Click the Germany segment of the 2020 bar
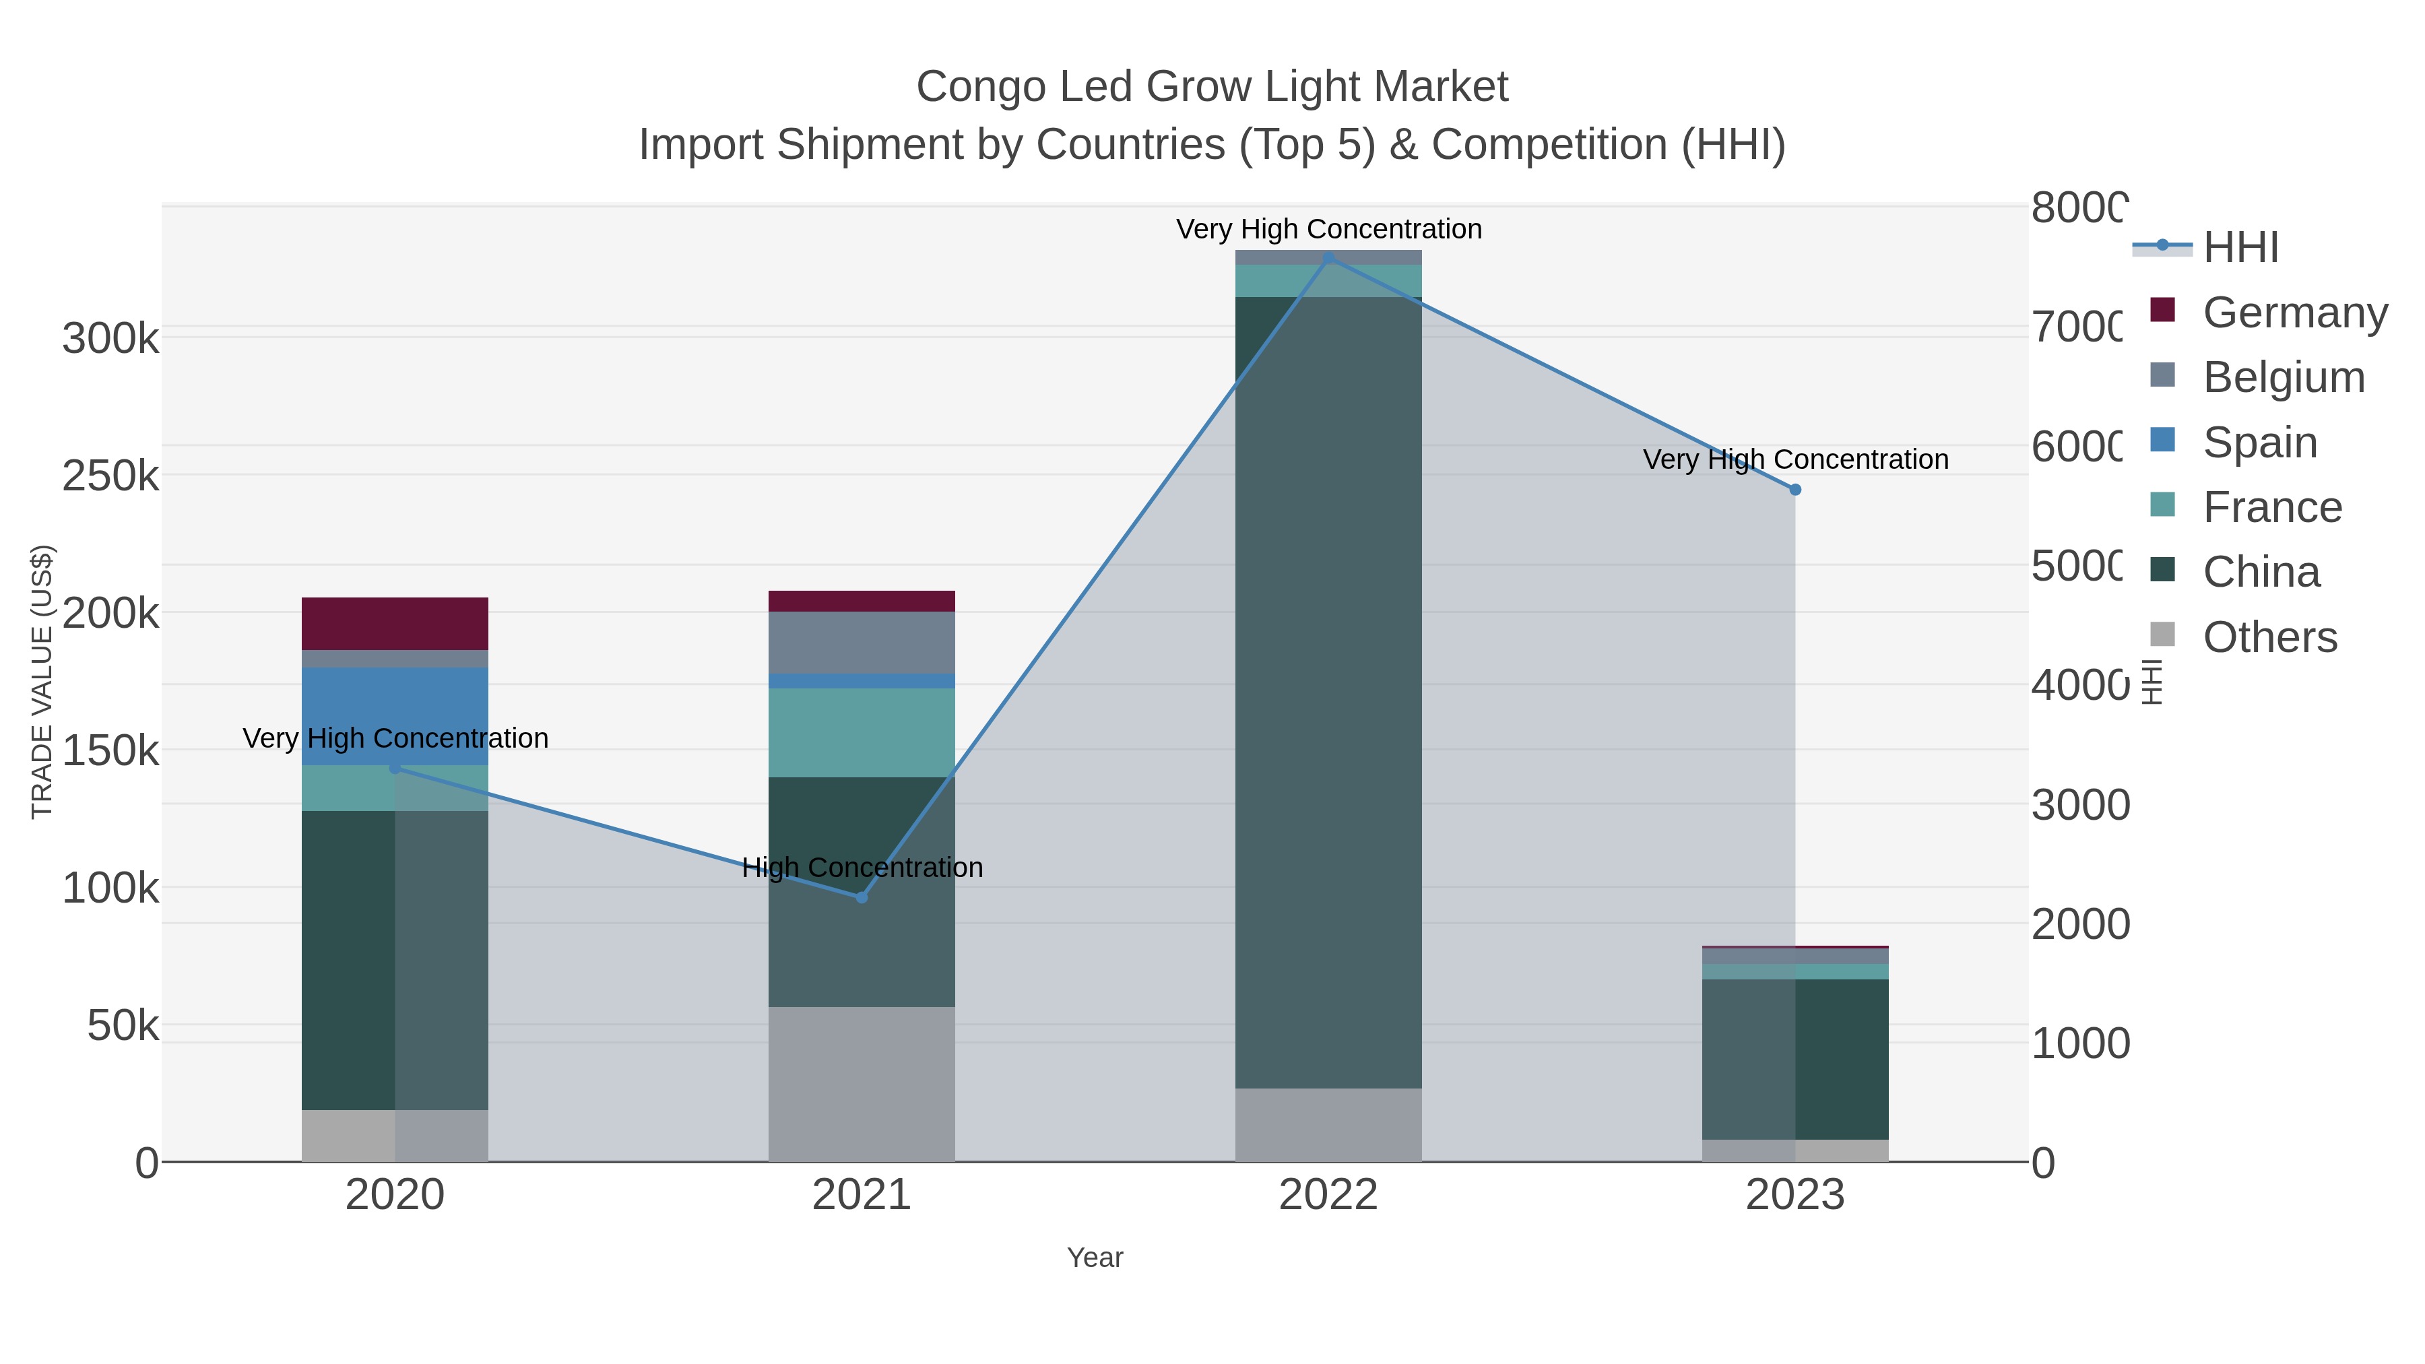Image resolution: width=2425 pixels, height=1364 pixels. (x=395, y=623)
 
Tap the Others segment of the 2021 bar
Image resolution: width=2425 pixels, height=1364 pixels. (x=862, y=1084)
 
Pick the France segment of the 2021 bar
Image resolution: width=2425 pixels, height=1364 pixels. (x=862, y=732)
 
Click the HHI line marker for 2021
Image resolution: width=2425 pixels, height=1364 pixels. (x=862, y=897)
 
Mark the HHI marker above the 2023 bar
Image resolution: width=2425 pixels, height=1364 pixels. (x=1795, y=490)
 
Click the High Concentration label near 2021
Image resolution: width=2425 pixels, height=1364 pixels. (x=862, y=867)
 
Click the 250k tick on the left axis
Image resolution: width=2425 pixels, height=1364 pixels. (x=110, y=476)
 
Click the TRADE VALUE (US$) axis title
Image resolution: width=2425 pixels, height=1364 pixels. (x=42, y=682)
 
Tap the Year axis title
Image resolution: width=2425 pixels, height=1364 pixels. (x=1095, y=1258)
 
